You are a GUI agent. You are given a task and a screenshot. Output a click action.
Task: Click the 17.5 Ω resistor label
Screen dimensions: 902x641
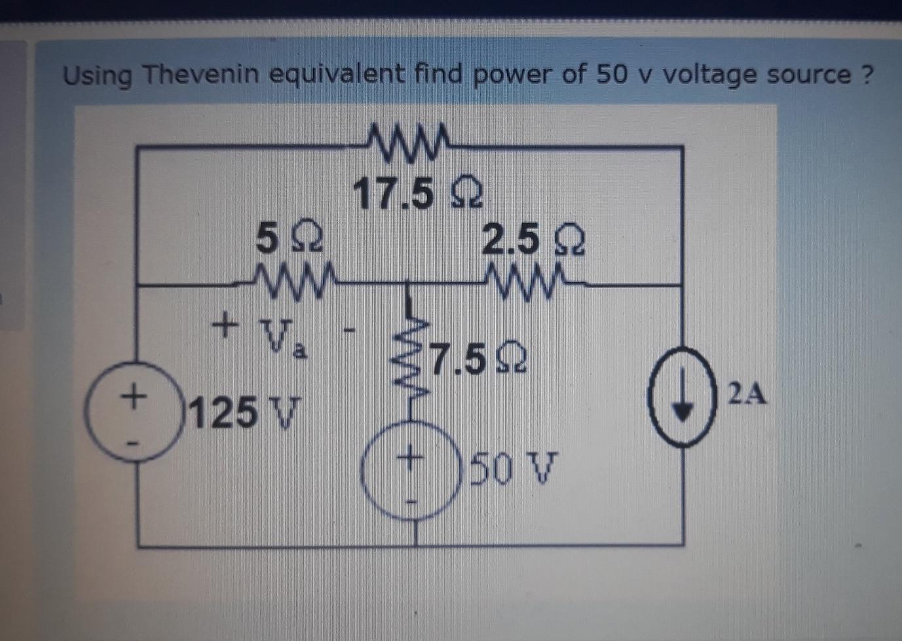point(418,194)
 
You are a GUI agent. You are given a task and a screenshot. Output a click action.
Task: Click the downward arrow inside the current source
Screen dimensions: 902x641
point(683,398)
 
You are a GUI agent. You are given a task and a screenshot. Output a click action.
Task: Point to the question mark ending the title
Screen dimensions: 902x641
point(866,73)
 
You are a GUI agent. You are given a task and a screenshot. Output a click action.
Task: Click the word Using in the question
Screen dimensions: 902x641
point(97,76)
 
